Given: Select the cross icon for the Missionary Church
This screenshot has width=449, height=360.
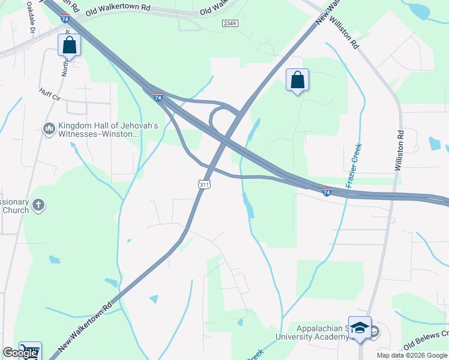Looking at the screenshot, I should (x=38, y=206).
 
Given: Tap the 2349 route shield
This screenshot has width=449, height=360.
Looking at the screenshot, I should (x=230, y=23).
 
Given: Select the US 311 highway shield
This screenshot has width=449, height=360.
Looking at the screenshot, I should (x=204, y=185).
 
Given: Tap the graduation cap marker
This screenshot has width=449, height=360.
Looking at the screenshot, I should (x=360, y=328).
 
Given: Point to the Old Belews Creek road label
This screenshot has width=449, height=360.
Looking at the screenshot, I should (x=427, y=338).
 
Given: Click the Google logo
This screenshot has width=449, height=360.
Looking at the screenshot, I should (x=20, y=353).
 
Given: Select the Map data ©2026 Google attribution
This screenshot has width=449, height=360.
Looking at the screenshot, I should (x=412, y=355).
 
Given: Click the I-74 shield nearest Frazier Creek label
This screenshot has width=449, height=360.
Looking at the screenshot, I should (x=327, y=192).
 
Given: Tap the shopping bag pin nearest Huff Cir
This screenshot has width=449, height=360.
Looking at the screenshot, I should (x=70, y=46).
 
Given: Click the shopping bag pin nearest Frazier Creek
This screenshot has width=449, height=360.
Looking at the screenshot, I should (x=297, y=80).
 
